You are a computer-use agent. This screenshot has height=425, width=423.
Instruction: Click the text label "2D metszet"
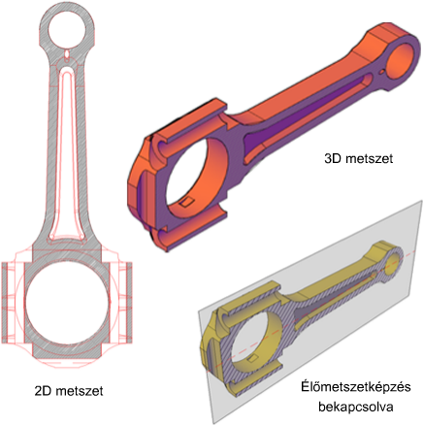click(x=69, y=391)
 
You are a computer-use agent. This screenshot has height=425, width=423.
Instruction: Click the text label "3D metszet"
click(x=359, y=159)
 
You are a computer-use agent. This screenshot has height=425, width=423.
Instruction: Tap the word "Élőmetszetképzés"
click(x=356, y=387)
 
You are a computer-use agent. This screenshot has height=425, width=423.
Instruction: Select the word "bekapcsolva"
click(x=356, y=407)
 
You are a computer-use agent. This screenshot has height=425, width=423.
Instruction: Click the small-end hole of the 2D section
click(x=67, y=31)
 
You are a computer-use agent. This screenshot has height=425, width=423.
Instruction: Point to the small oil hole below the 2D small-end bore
click(x=67, y=54)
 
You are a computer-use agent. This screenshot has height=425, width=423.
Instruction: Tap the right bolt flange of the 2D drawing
click(x=129, y=303)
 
